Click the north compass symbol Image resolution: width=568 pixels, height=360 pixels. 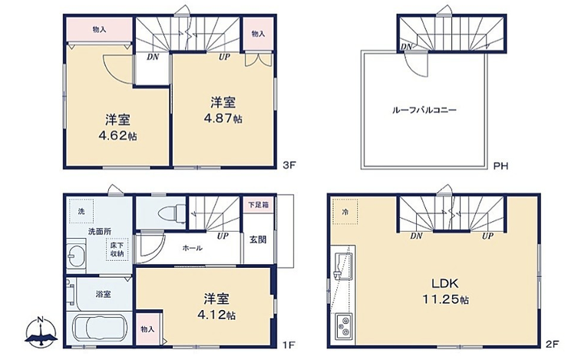41,332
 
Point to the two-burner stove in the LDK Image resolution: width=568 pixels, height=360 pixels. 343,325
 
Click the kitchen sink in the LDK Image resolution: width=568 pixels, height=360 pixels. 343,266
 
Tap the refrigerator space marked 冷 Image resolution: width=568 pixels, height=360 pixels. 345,212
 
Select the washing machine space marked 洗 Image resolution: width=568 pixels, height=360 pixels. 81,211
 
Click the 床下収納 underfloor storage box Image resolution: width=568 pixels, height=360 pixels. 117,249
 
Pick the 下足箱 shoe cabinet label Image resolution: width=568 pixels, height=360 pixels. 258,205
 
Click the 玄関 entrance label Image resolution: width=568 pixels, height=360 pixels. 258,239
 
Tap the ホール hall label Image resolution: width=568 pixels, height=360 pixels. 193,248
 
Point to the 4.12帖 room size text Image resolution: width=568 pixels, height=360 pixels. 216,315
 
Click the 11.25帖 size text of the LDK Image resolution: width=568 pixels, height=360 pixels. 445,299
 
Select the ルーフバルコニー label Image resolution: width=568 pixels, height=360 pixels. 424,110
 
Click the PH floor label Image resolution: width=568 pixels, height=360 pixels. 501,166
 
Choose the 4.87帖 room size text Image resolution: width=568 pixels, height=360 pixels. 223,118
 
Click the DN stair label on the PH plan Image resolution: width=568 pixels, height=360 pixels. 407,47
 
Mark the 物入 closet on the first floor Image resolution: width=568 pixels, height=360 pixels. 148,329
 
